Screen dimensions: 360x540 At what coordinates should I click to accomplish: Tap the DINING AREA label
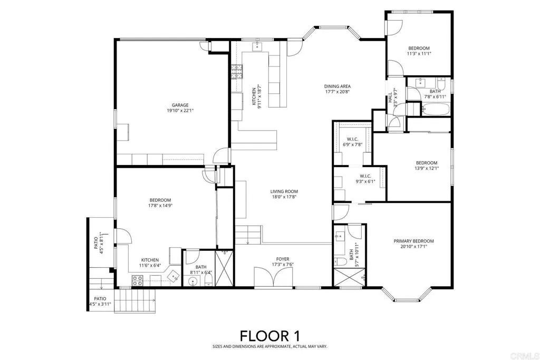pos(337,86)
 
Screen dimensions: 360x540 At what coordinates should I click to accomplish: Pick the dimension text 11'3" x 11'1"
pos(419,53)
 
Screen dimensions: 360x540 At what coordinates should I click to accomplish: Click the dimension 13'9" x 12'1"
pos(426,169)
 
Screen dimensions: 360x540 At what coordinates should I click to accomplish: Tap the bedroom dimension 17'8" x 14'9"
pos(160,206)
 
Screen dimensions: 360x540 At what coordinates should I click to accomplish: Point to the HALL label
pos(390,98)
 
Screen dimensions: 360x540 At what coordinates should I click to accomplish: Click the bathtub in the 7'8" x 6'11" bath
pos(436,110)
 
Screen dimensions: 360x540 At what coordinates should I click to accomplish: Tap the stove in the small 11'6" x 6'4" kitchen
pos(137,281)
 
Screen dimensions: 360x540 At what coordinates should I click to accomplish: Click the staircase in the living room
pos(248,233)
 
